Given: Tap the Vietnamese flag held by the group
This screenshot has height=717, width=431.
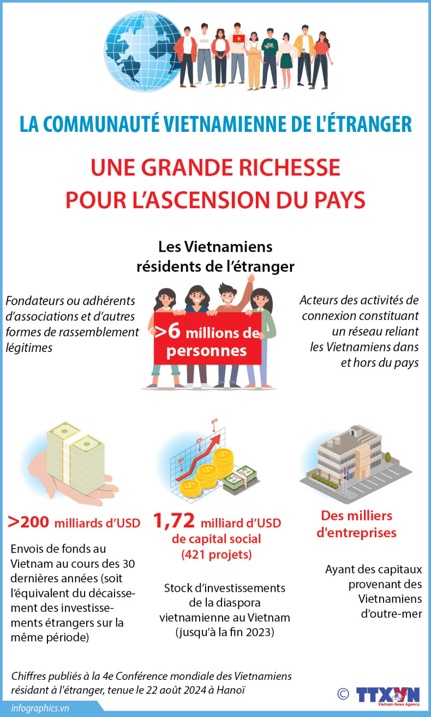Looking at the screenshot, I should pos(238,39).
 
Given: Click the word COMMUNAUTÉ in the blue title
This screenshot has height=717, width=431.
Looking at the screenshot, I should pos(107,124).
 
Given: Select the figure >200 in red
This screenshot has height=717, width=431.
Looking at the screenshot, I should pos(28,522).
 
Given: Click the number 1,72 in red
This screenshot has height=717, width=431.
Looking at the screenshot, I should pos(174,522).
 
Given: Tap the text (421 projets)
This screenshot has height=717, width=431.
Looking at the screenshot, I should pos(216,555).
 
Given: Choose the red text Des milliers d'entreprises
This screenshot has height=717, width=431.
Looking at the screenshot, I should pos(356,524).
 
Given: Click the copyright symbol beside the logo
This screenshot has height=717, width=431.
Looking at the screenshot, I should pos(343,694).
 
